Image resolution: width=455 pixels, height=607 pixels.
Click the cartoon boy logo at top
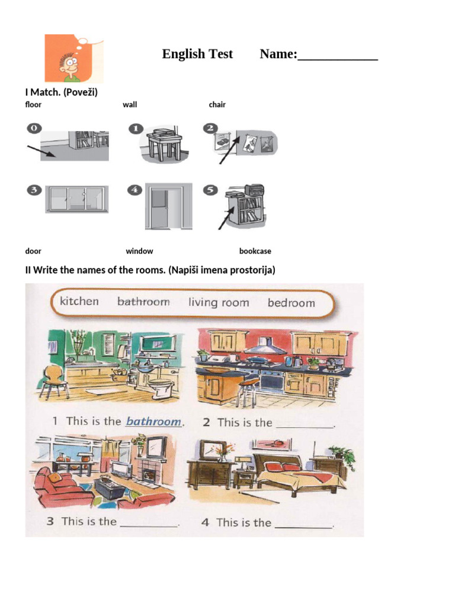(73, 58)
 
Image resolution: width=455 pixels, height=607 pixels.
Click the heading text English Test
(197, 54)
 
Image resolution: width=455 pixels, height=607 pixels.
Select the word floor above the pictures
(33, 105)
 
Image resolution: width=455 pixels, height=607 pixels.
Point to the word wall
(130, 105)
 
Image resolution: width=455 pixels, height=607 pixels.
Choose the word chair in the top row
(217, 105)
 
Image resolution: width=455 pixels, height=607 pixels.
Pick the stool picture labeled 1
(162, 145)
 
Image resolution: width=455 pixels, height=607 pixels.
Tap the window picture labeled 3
(77, 199)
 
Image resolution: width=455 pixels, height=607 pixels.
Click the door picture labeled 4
(168, 206)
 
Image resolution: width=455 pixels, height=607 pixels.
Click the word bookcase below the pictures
(255, 251)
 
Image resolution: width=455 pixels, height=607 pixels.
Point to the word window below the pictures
(139, 251)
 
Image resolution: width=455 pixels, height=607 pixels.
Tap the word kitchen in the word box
(79, 301)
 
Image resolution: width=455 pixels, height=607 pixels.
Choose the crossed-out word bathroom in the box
(143, 302)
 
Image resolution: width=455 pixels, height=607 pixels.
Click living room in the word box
(219, 302)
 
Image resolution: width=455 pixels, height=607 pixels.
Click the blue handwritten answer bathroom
(153, 422)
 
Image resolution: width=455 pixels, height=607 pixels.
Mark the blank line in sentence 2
(306, 425)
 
